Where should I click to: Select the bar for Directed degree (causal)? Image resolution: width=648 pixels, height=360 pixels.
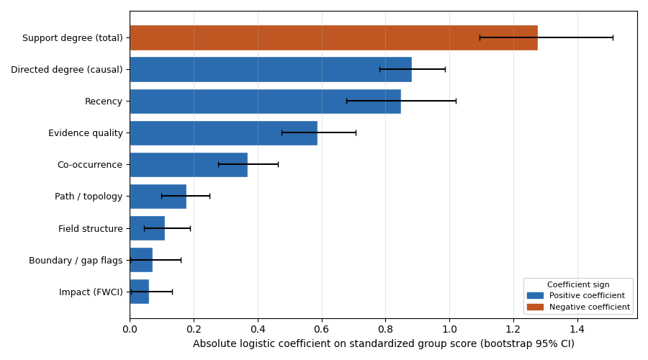tap(271, 69)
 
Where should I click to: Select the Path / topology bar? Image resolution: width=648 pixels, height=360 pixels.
tap(158, 196)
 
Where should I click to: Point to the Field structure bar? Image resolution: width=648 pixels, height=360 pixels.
tap(147, 228)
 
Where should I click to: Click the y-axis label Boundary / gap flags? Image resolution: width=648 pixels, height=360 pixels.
tap(76, 260)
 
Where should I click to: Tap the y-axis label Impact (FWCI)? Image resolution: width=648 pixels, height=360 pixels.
tap(91, 292)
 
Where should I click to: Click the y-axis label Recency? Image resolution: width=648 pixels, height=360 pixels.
tap(104, 101)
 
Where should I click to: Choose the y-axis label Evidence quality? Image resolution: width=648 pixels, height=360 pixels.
tap(86, 132)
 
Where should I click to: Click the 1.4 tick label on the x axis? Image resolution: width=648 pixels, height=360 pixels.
tap(577, 329)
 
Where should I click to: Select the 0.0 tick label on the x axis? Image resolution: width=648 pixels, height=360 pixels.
tap(130, 329)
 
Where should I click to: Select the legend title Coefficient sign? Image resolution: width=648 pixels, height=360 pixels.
tap(578, 284)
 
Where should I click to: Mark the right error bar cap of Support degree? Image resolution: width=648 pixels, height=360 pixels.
tap(613, 37)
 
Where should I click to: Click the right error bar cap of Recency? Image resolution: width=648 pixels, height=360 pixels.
tap(456, 101)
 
